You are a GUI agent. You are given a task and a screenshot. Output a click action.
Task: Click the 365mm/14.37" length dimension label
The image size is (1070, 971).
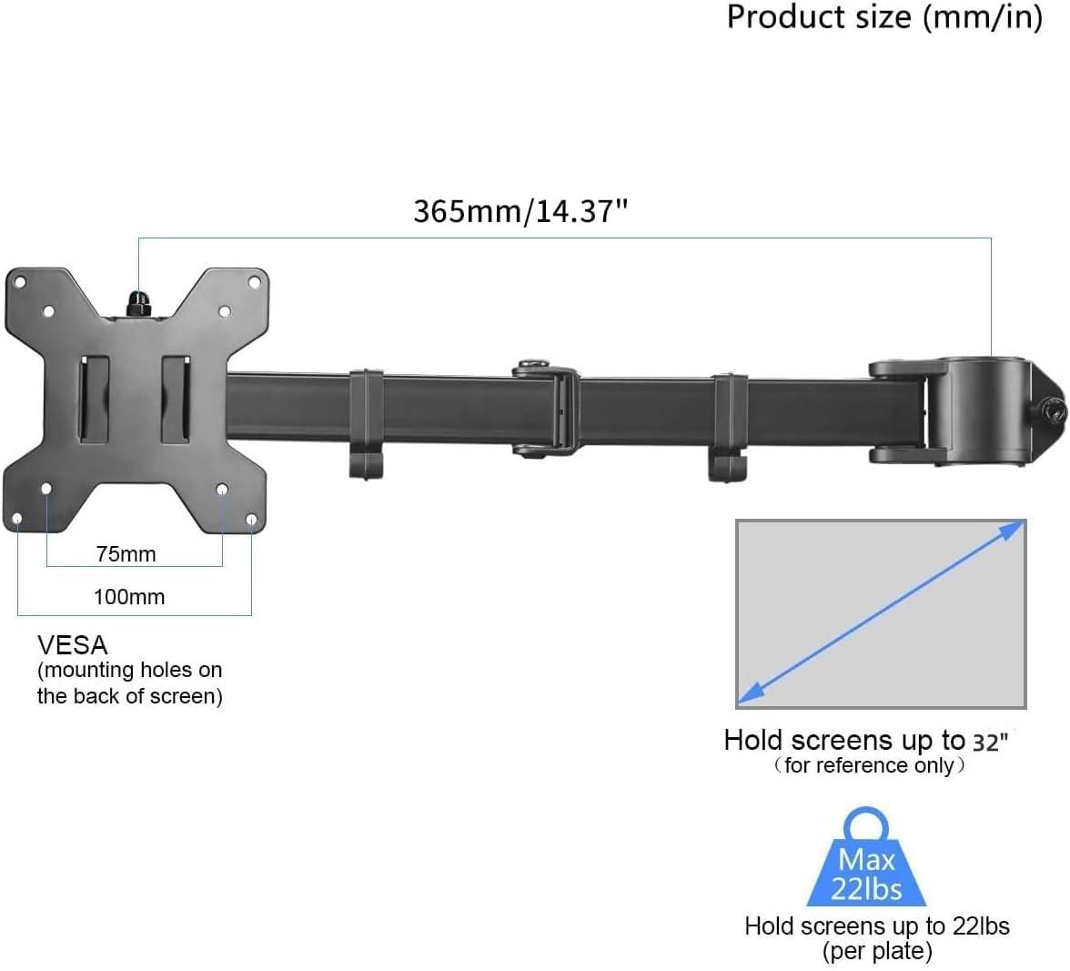click(520, 211)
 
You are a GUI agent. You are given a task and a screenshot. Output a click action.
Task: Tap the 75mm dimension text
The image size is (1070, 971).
click(126, 553)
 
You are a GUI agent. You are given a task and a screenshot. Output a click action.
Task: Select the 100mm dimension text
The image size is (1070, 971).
click(129, 597)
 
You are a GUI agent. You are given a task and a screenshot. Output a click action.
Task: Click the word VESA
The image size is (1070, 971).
click(73, 645)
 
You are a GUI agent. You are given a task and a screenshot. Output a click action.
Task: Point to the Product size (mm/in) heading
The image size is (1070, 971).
click(883, 17)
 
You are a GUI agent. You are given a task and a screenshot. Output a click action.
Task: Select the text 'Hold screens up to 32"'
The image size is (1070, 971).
click(866, 741)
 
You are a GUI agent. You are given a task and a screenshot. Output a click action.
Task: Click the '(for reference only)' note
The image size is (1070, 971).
click(869, 765)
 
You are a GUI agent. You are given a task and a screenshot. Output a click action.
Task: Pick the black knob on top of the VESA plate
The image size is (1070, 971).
click(138, 304)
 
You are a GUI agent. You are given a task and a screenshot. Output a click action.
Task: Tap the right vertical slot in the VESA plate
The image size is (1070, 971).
click(176, 400)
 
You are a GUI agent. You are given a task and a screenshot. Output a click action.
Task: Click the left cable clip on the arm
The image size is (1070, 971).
click(366, 422)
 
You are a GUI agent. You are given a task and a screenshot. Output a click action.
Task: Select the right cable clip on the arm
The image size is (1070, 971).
click(730, 424)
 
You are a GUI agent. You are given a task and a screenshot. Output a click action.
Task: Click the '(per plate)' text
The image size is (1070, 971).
click(877, 952)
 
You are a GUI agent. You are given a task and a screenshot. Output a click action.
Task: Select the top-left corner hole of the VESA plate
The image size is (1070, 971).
click(18, 281)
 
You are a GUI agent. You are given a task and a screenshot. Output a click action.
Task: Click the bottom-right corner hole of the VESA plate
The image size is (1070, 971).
click(251, 520)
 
